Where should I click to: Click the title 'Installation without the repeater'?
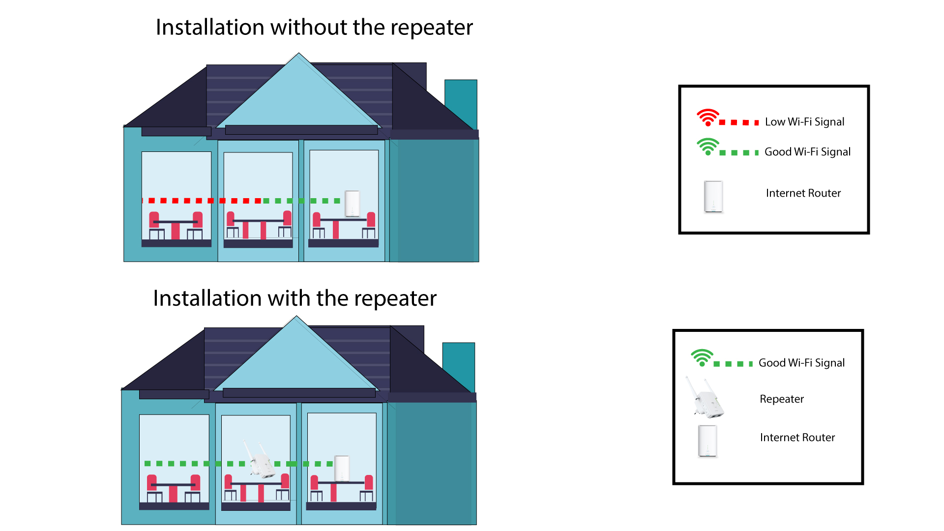click(314, 28)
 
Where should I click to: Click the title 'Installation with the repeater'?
click(295, 298)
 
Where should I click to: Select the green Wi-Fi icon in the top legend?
click(708, 147)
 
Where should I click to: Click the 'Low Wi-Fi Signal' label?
click(804, 122)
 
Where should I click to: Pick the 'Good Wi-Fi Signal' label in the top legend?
click(807, 152)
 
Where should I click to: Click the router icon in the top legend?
click(713, 197)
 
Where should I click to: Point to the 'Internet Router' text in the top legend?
click(803, 193)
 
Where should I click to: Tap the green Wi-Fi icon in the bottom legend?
click(702, 358)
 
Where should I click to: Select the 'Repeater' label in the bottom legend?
click(782, 399)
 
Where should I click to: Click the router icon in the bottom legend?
click(708, 441)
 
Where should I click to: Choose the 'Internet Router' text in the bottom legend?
click(797, 438)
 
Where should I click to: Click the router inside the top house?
click(353, 204)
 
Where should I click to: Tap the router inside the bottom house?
click(342, 469)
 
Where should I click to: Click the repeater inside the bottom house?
click(261, 460)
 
